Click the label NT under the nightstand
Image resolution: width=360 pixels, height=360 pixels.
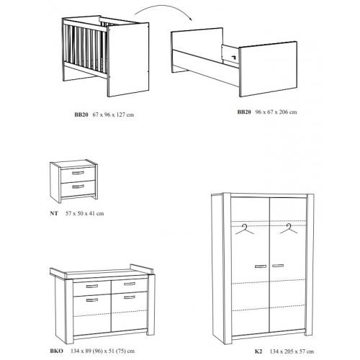(x=54, y=213)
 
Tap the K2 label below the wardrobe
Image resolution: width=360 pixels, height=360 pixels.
(x=258, y=351)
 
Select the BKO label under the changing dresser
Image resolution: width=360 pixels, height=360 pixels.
(x=57, y=351)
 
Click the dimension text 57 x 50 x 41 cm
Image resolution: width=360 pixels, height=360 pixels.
(x=85, y=213)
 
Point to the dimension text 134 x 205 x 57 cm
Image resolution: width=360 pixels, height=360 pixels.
(x=292, y=351)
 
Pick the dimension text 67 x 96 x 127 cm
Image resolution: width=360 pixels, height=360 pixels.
(x=113, y=114)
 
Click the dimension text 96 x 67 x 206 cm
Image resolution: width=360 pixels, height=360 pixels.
(x=276, y=112)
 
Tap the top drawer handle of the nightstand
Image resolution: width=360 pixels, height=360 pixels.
(x=78, y=173)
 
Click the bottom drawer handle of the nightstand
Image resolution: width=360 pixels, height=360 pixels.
(x=78, y=186)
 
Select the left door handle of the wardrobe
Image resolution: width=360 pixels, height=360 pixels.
(x=261, y=266)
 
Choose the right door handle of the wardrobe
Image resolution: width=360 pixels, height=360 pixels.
(x=278, y=266)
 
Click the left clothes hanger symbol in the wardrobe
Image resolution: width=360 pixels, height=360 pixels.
(x=245, y=230)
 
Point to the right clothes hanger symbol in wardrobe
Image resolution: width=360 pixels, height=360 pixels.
(x=289, y=228)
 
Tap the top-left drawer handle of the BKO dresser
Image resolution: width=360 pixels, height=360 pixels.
(x=92, y=286)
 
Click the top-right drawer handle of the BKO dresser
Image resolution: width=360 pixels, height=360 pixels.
(x=130, y=284)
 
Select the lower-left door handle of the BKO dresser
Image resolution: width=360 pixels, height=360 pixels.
(x=92, y=300)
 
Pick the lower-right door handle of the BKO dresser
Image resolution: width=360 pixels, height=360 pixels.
(x=130, y=297)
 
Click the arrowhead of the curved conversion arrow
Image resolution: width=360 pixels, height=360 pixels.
(x=191, y=19)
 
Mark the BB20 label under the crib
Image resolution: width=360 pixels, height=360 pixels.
(x=81, y=114)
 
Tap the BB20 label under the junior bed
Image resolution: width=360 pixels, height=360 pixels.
(x=244, y=112)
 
